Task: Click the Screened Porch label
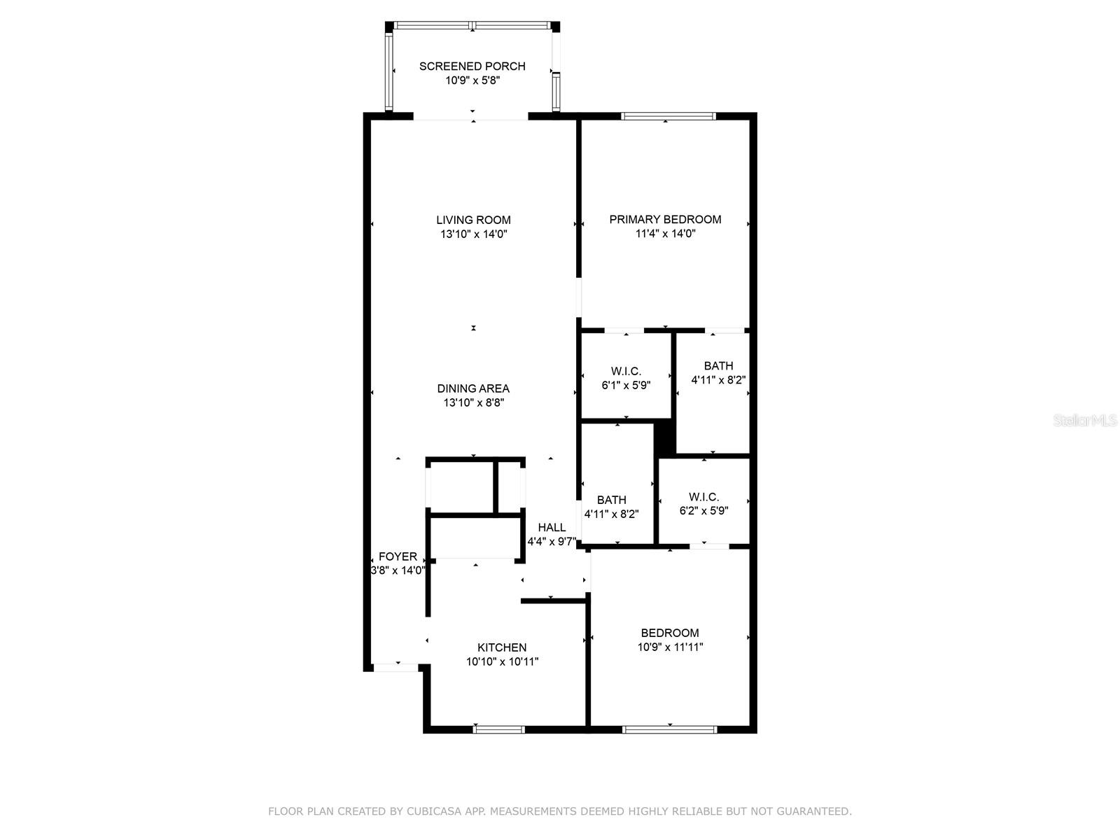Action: pos(472,66)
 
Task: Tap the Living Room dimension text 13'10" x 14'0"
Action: pos(473,234)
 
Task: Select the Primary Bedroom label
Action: pos(665,219)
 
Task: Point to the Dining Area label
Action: pos(473,388)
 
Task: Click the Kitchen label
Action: pos(502,647)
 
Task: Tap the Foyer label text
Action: pos(398,556)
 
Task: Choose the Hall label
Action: pos(552,528)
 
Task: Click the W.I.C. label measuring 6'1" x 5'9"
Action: pos(626,371)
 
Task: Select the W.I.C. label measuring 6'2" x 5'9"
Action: pos(703,497)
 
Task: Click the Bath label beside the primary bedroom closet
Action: pos(718,365)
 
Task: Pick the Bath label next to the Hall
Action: pos(611,500)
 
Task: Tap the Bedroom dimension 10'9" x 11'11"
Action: pos(670,647)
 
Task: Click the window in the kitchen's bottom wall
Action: pos(498,729)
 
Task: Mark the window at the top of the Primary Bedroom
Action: pos(668,116)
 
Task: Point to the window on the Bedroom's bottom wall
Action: pos(670,729)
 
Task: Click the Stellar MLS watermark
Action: pos(1085,421)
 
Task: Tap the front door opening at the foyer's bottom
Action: pos(395,667)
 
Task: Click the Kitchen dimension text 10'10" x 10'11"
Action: pos(502,661)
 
